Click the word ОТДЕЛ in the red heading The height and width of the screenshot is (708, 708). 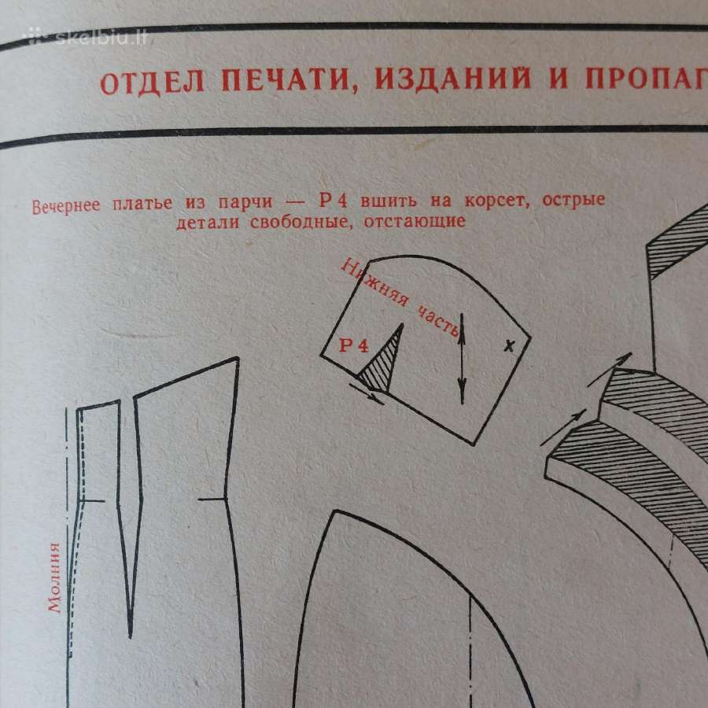[x=152, y=83]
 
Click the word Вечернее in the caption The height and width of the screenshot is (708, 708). [x=66, y=206]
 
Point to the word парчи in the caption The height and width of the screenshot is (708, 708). [x=245, y=203]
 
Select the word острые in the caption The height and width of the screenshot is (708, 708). [x=573, y=200]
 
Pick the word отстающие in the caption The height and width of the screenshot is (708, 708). [x=415, y=221]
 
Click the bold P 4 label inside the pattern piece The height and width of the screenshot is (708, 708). [x=354, y=346]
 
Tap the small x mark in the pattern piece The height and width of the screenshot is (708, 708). [x=509, y=346]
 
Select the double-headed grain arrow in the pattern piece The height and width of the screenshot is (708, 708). [x=462, y=359]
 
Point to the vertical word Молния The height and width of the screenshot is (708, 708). [x=54, y=577]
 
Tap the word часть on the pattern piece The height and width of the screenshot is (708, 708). [x=438, y=321]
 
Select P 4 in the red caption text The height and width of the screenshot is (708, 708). [x=334, y=201]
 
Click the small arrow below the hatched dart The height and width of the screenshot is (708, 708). [x=366, y=394]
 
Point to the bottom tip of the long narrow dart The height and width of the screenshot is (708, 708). [x=130, y=637]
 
